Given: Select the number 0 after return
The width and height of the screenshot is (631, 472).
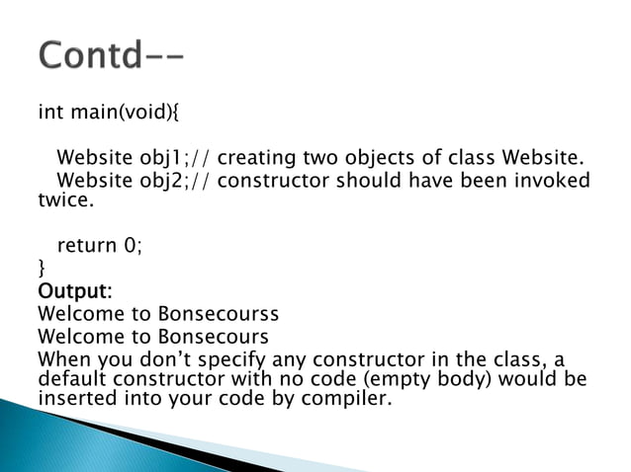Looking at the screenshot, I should [x=132, y=244].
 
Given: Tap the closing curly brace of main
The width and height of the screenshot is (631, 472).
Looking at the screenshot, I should [x=41, y=267].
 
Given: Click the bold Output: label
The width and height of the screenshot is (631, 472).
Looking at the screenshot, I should [x=75, y=291].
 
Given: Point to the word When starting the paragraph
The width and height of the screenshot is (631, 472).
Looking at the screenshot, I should [x=61, y=359].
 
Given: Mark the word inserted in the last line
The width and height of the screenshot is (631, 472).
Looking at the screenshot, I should [x=74, y=400].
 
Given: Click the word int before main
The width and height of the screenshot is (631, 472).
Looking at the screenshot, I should [x=49, y=112].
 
